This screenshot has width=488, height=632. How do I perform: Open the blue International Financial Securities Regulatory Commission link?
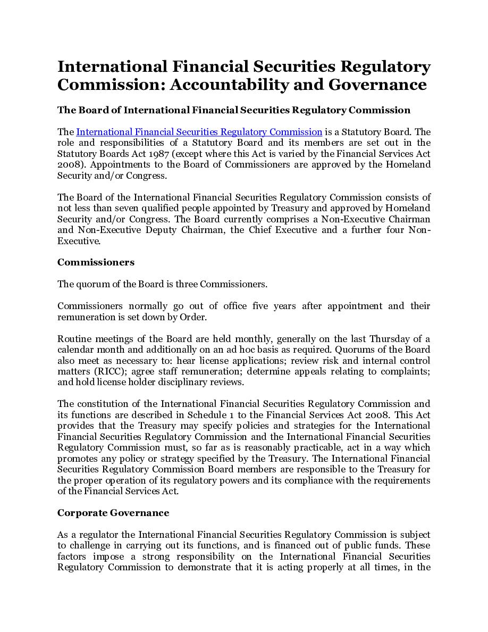[199, 132]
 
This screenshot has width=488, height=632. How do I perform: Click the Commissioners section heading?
[96, 262]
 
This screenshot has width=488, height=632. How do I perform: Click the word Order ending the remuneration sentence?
[192, 317]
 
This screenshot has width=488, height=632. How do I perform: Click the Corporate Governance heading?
[113, 513]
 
